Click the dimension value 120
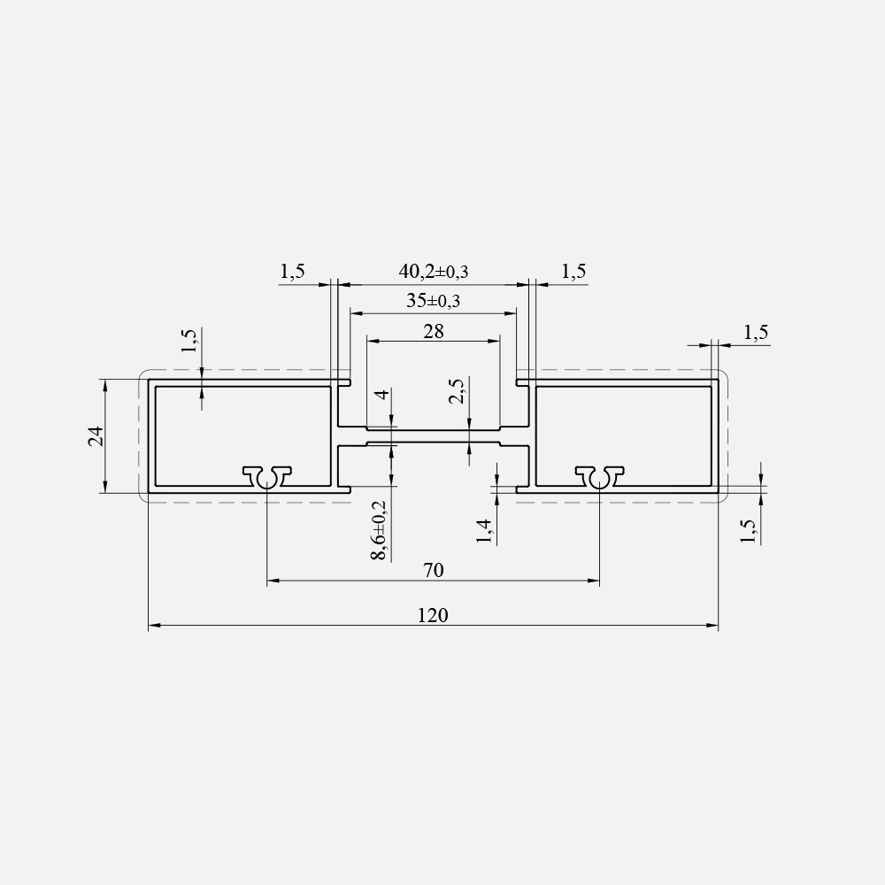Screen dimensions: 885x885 pyautogui.click(x=433, y=615)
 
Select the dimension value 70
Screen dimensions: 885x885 pyautogui.click(x=434, y=571)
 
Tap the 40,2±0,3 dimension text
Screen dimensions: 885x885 pyautogui.click(x=434, y=272)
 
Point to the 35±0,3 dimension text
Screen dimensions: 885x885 pyautogui.click(x=434, y=301)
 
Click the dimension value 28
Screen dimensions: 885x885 pyautogui.click(x=434, y=331)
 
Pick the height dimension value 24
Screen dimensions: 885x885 pyautogui.click(x=96, y=436)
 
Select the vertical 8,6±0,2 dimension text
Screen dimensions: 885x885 pyautogui.click(x=379, y=530)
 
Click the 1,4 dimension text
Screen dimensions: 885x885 pyautogui.click(x=484, y=531)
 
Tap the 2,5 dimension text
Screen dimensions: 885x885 pyautogui.click(x=457, y=390)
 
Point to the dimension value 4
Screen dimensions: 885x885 pyautogui.click(x=383, y=394)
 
